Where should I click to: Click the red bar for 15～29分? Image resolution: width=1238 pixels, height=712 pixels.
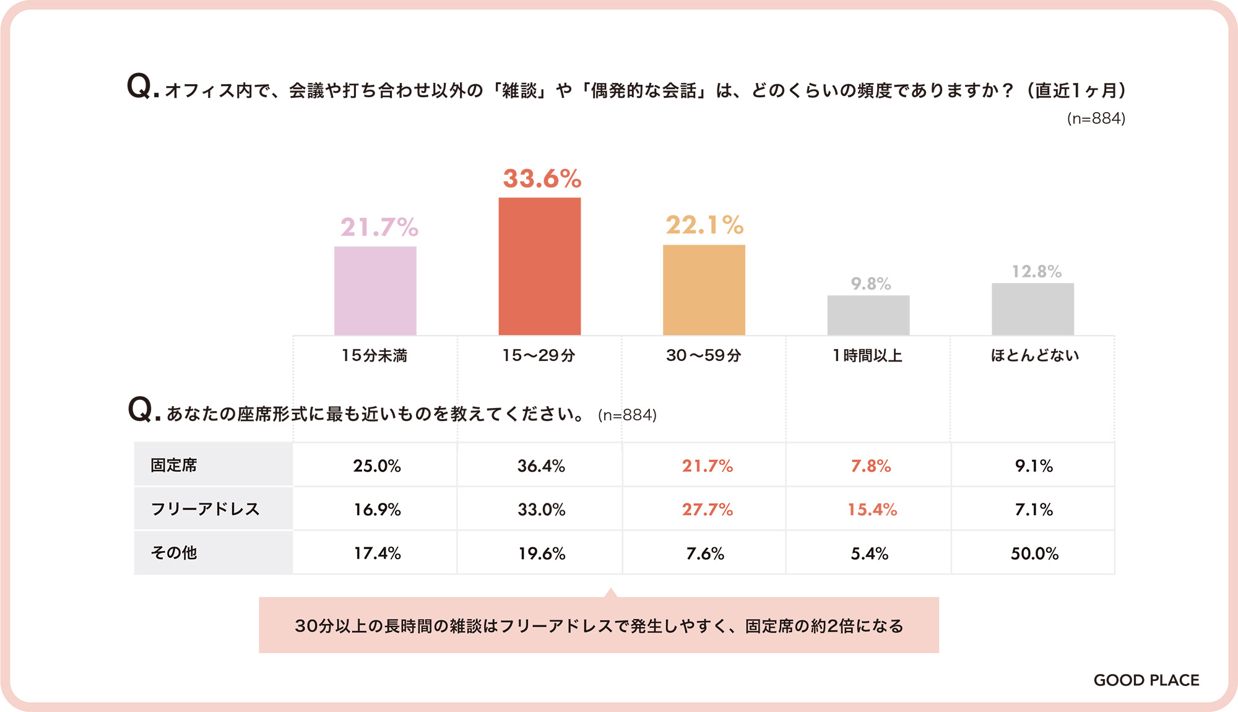coord(540,266)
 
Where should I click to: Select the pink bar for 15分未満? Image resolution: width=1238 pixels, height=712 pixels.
coord(375,290)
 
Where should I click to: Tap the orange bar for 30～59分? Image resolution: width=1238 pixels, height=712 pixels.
coord(704,290)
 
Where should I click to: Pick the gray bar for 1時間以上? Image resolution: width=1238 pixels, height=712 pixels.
coord(868,315)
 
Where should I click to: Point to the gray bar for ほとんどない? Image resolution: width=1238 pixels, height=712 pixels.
coord(1032,309)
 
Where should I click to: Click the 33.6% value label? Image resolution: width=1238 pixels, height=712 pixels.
coord(542,179)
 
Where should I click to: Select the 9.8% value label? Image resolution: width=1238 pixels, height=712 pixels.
coord(870,284)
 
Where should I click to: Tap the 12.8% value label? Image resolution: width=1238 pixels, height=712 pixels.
coord(1036,271)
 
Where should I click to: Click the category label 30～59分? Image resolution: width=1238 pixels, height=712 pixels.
coord(703,355)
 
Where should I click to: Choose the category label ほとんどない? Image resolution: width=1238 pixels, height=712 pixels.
coord(1034,355)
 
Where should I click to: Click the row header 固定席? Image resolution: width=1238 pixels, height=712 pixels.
coord(174,465)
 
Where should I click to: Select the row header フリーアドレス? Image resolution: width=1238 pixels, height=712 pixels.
coord(205,509)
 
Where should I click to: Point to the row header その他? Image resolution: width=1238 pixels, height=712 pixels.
coord(174,553)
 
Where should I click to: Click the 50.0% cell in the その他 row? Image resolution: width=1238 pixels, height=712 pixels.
coord(1034,554)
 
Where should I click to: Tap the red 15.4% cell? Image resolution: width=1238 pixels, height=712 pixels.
coord(872,510)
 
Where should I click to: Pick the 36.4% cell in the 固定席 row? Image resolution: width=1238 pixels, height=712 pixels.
coord(541,466)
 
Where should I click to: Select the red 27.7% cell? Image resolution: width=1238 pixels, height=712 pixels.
coord(707,510)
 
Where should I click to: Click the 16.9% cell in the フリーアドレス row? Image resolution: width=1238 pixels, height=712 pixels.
coord(377,510)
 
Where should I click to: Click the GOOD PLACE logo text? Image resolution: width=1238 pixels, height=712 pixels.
coord(1146,680)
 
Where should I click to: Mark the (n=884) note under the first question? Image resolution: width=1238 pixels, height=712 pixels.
coord(1096,118)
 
